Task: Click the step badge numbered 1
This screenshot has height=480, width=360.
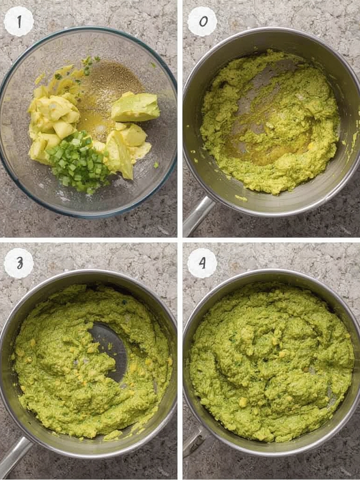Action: [19, 21]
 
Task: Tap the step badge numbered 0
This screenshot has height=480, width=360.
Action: [202, 21]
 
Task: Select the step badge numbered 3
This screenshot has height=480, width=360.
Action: [19, 263]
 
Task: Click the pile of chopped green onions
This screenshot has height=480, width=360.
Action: [77, 162]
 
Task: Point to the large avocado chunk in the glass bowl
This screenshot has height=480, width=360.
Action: [135, 107]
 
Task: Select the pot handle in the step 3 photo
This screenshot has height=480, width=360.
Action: [14, 457]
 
